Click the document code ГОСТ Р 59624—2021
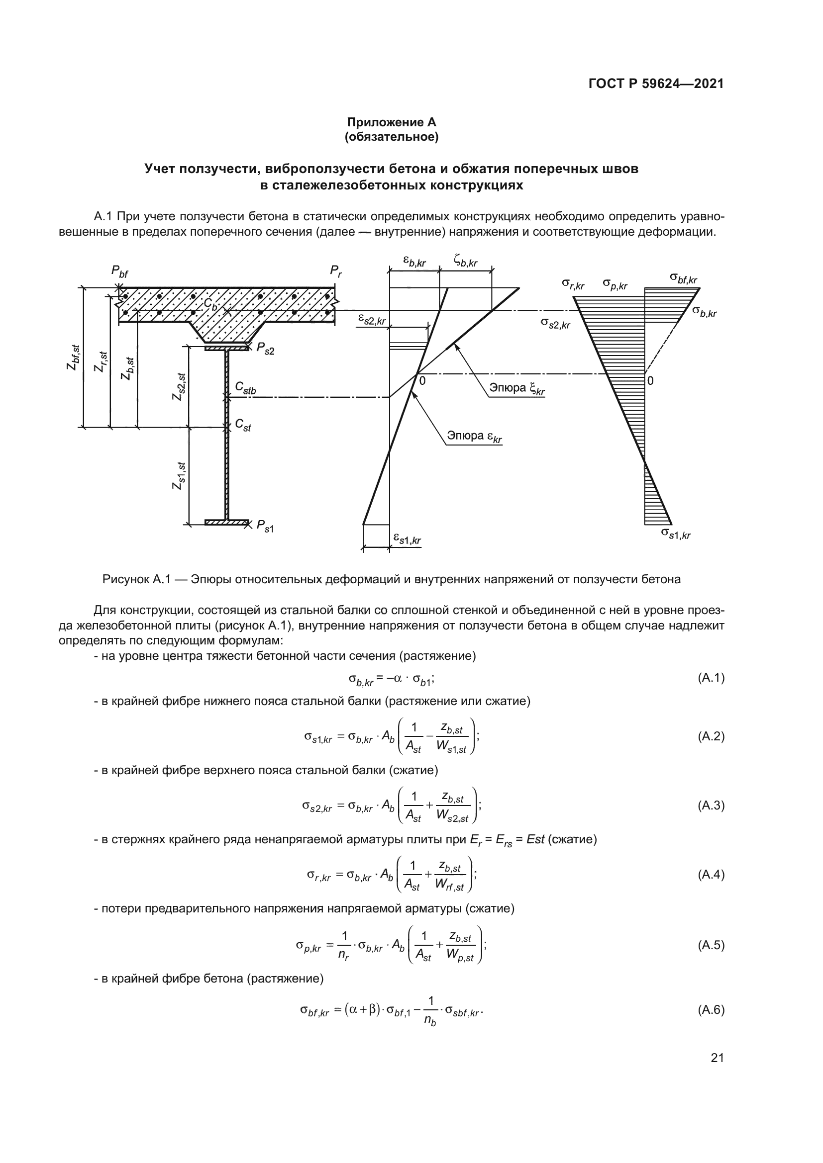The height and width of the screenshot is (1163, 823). tap(656, 84)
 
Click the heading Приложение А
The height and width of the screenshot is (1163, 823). tap(391, 122)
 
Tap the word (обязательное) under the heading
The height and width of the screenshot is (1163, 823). tap(391, 137)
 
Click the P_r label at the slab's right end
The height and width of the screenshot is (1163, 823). tap(336, 270)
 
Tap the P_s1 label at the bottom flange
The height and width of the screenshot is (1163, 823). tap(265, 526)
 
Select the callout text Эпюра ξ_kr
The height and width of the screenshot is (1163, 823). tap(516, 388)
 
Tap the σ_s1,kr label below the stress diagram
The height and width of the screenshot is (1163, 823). tap(676, 534)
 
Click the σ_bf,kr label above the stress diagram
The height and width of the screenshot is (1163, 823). tap(683, 278)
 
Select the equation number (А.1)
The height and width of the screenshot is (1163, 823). tap(711, 678)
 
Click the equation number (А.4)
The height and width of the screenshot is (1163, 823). tap(711, 875)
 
